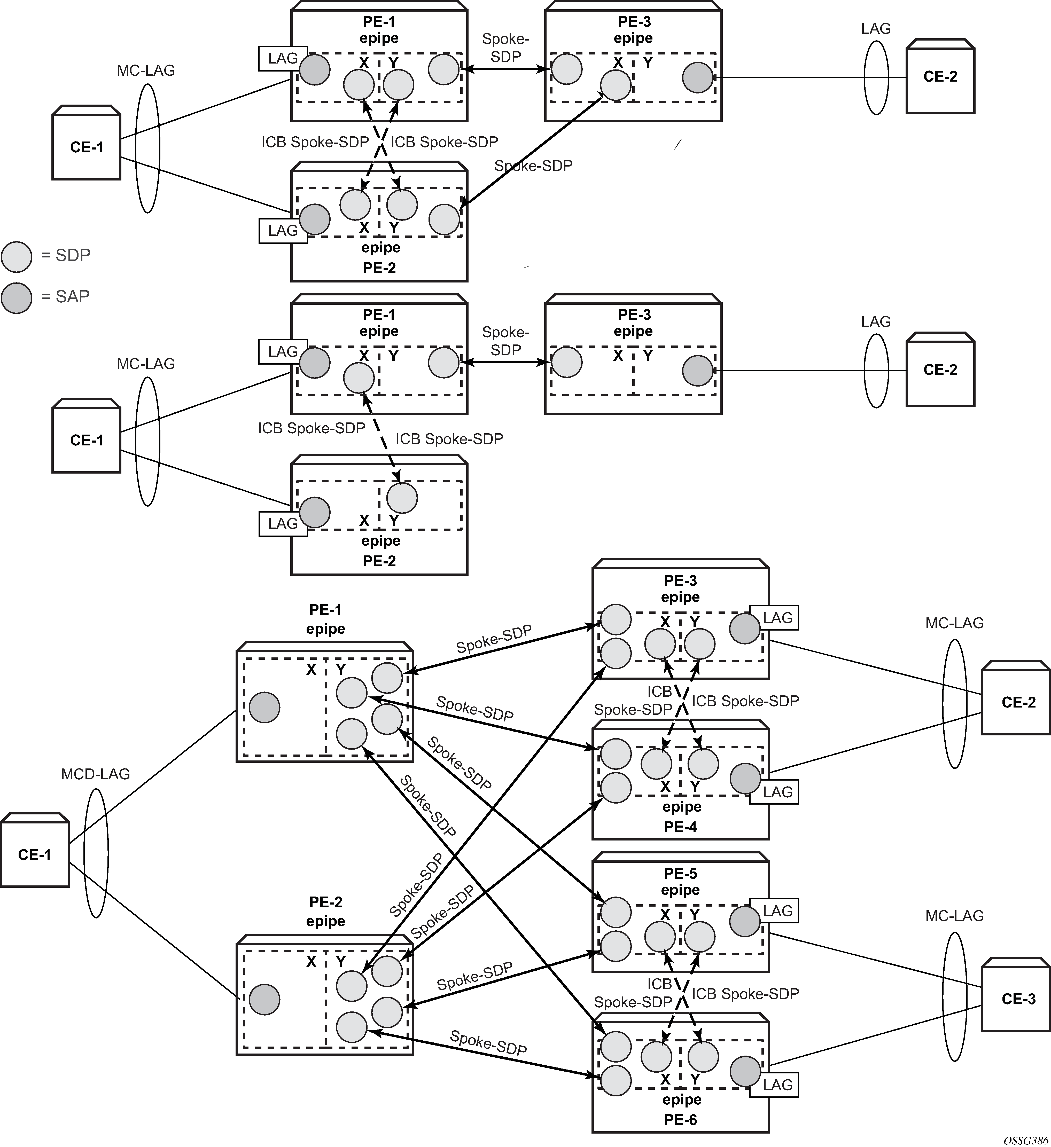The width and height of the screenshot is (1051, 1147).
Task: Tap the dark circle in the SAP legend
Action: coord(17,297)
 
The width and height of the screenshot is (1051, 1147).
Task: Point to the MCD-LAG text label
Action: coord(96,774)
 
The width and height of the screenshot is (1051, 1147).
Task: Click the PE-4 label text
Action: coord(681,827)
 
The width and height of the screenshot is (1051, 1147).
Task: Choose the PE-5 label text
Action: coord(681,873)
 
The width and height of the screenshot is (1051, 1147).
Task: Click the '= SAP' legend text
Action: coord(65,296)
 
